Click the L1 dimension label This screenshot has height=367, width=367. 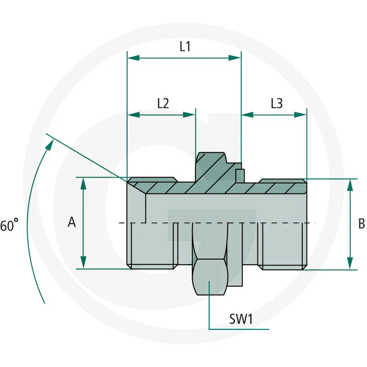(x=185, y=46)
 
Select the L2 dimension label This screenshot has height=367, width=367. (x=163, y=103)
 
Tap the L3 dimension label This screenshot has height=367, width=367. (x=276, y=103)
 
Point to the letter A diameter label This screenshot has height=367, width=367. (x=72, y=222)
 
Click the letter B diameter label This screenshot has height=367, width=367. (x=361, y=223)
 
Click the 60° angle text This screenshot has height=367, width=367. (x=9, y=226)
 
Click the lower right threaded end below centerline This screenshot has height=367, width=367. (x=282, y=245)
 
